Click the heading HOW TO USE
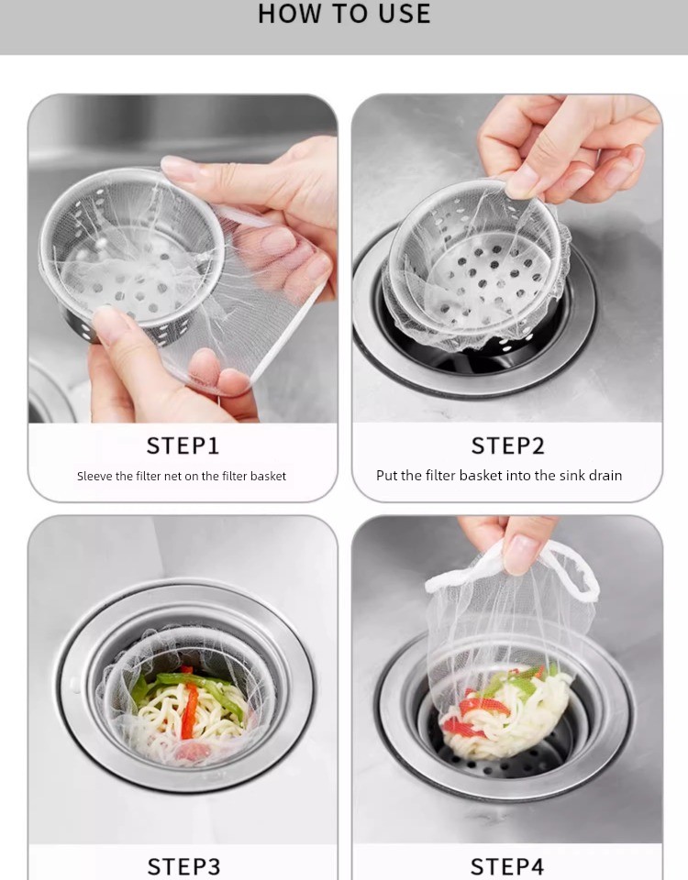(x=344, y=14)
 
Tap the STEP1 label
(x=183, y=445)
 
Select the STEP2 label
(x=507, y=445)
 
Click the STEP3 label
(x=183, y=866)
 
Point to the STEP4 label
(x=506, y=866)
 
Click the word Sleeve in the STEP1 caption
(x=94, y=476)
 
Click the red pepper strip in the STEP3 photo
(x=190, y=710)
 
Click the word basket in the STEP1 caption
(x=269, y=476)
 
